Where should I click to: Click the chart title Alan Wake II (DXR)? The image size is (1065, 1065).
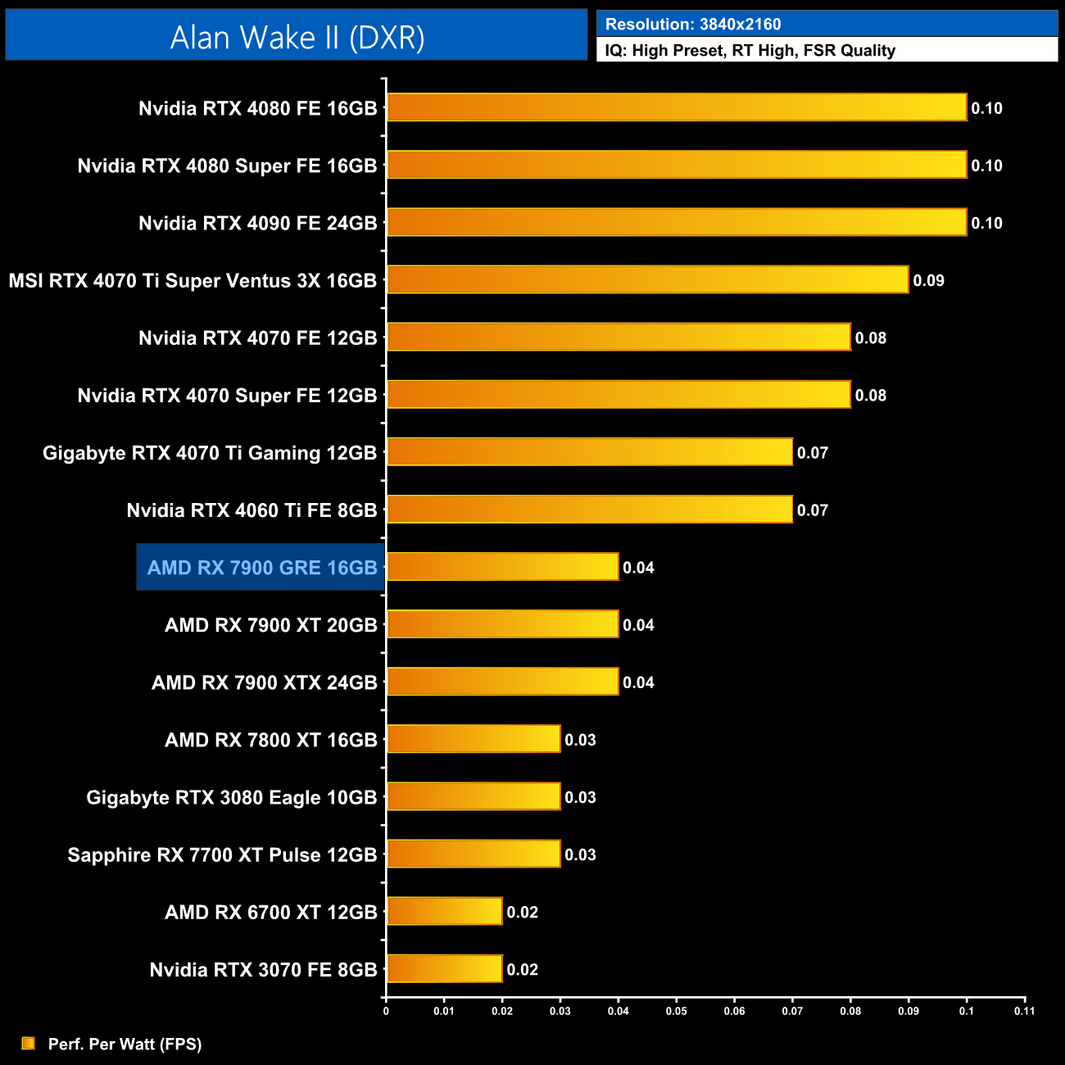297,37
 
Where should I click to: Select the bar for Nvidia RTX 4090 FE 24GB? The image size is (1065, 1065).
676,222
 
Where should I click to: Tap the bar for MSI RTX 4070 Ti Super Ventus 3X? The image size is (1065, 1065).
647,279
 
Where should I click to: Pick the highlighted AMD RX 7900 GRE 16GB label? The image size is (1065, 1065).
261,567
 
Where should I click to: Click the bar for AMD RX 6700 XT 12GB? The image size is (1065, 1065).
444,911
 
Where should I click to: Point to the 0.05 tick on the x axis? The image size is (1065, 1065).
676,1011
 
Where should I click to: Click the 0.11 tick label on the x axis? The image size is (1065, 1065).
1024,1011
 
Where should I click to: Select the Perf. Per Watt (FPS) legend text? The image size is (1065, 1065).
125,1044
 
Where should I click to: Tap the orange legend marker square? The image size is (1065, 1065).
28,1043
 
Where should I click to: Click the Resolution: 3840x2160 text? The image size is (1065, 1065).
693,24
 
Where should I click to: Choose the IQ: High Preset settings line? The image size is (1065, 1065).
750,51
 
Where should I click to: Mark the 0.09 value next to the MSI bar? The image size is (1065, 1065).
928,280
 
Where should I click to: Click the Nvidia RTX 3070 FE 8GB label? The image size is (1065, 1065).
263,970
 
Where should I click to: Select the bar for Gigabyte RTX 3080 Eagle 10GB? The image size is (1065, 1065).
474,796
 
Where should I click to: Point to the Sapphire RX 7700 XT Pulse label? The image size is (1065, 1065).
222,855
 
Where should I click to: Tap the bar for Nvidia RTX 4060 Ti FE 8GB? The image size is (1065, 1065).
589,509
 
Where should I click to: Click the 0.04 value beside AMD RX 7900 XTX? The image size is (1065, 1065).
638,682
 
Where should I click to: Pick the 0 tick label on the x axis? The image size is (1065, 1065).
386,1011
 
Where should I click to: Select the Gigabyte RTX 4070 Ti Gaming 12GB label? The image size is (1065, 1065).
210,453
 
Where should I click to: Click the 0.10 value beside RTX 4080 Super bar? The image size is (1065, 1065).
986,165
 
